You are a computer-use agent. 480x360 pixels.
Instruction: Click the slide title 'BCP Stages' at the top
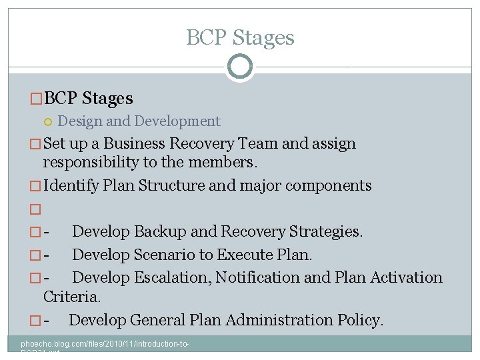[240, 38]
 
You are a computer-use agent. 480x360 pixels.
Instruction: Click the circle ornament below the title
[239, 67]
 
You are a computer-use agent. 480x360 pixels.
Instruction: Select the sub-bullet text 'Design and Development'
[139, 121]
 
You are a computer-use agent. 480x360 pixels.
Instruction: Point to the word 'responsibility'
[92, 163]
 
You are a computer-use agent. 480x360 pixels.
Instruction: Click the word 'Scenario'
[167, 255]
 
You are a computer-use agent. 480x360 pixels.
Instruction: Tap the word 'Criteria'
[71, 296]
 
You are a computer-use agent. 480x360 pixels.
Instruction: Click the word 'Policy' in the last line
[361, 321]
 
